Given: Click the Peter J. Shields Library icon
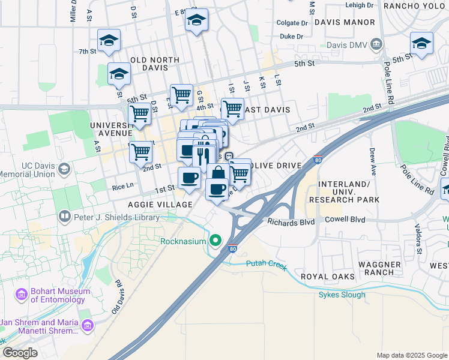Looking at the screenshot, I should coord(64,215).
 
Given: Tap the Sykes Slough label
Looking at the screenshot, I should coord(342,295).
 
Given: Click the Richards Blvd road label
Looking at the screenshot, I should coord(291,222).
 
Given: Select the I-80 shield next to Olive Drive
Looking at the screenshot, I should coord(318,161).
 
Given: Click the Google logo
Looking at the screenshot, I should coord(20,353).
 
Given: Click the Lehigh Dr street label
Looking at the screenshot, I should coord(360,5).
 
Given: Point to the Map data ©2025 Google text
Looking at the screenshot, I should coord(411,355).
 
